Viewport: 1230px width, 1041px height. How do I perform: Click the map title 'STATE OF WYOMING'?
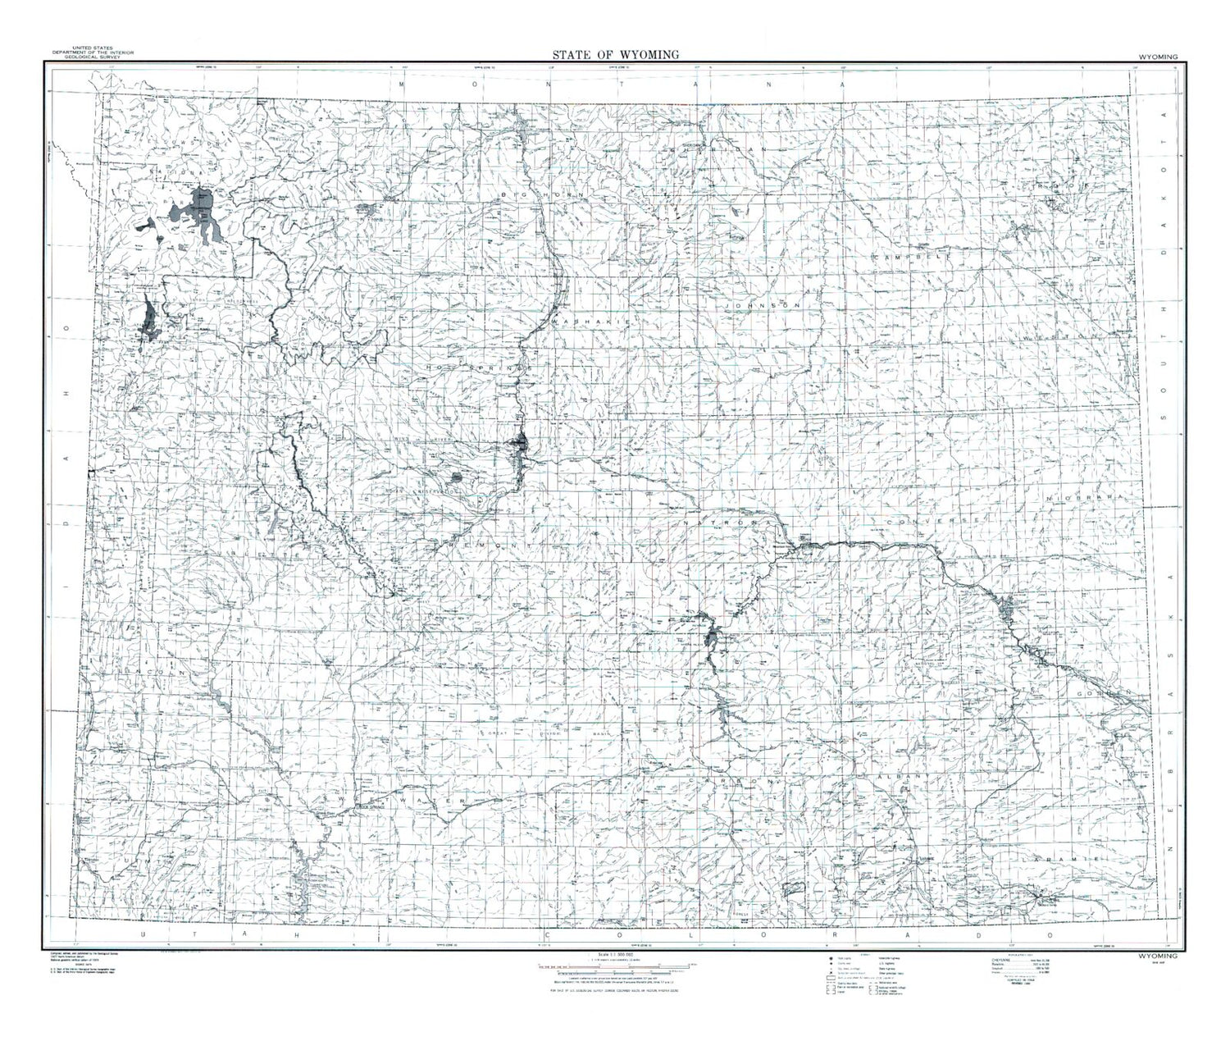pyautogui.click(x=615, y=54)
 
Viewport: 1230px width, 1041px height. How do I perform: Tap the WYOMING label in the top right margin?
pyautogui.click(x=1157, y=57)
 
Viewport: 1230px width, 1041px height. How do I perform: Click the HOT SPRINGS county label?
pyautogui.click(x=474, y=369)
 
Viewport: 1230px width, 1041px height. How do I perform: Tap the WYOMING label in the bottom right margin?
pyautogui.click(x=1157, y=957)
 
